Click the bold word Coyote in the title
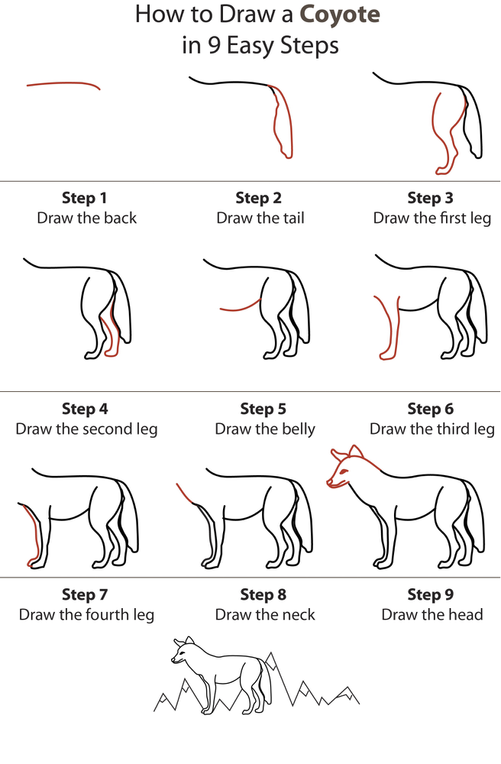pos(340,14)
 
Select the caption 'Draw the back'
pos(87,219)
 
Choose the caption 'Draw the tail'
pos(260,219)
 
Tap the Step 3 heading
pos(431,199)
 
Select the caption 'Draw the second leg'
pos(86,429)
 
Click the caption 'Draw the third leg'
pos(432,429)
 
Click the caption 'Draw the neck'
pos(265,615)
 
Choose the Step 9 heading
pos(431,594)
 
